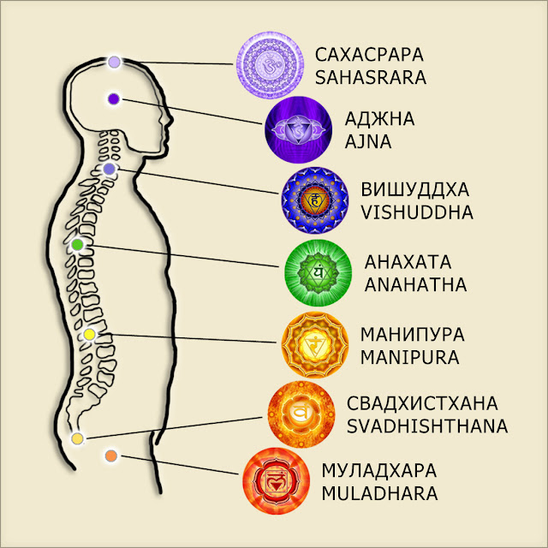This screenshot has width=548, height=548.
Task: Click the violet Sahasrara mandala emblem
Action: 270,65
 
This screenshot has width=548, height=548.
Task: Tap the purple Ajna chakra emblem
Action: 298,130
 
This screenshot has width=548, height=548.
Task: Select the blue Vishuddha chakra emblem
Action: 315,200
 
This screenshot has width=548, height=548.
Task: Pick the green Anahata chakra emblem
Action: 318,273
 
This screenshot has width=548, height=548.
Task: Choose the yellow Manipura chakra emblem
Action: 315,345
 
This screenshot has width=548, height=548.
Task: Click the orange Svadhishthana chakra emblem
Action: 301,414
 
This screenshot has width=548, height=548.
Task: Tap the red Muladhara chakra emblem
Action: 276,481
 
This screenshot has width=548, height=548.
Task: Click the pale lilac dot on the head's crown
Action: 114,63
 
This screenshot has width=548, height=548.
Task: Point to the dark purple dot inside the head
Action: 114,99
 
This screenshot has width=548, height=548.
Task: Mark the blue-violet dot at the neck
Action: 110,170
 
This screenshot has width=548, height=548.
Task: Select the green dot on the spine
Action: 77,245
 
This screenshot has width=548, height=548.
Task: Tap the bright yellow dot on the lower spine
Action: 89,335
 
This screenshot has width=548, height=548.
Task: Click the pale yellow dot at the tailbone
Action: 77,438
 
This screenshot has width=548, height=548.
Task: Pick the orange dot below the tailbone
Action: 110,456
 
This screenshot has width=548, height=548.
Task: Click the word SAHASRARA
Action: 371,78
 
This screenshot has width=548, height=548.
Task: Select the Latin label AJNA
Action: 368,142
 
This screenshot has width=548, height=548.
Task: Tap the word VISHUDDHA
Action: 417,212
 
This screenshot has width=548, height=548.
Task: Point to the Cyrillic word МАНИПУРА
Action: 413,335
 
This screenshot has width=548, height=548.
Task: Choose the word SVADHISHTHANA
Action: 427,426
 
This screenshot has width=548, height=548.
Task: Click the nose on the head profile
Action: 170,120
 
